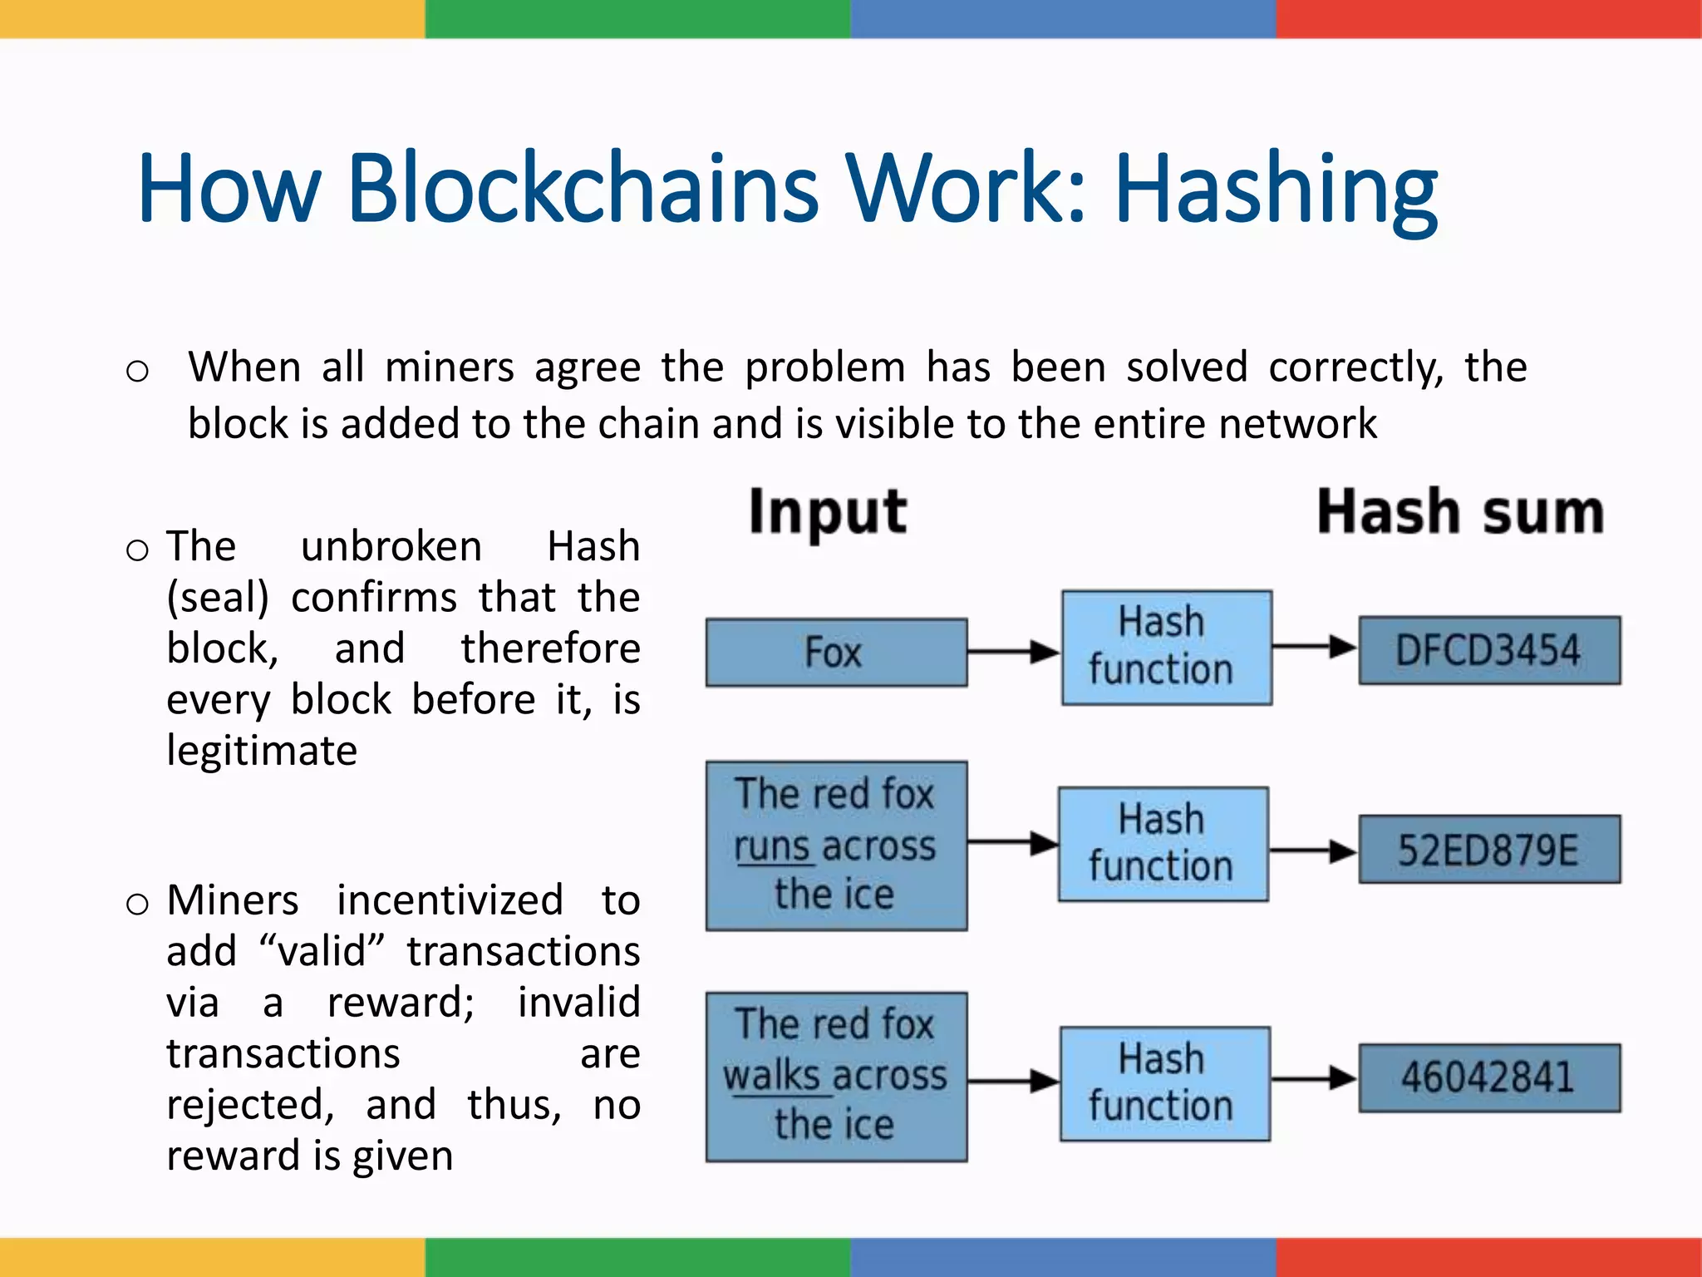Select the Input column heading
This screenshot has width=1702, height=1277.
tap(827, 511)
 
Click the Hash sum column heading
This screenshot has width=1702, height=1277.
tap(1460, 511)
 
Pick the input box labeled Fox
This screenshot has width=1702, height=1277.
tap(836, 652)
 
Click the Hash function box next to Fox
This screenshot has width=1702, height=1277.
tap(1166, 648)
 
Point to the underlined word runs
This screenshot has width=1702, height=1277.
tap(771, 846)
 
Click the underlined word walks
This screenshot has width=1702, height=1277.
tap(771, 1076)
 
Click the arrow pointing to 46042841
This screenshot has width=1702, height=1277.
tap(1314, 1078)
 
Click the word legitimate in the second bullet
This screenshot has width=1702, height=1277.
tap(262, 751)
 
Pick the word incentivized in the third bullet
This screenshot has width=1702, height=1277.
tap(450, 900)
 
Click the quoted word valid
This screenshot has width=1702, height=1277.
tap(322, 951)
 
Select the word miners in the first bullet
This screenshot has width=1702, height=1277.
tap(450, 367)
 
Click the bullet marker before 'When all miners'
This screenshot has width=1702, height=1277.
tap(137, 371)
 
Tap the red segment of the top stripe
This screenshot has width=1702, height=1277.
tap(1488, 18)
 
